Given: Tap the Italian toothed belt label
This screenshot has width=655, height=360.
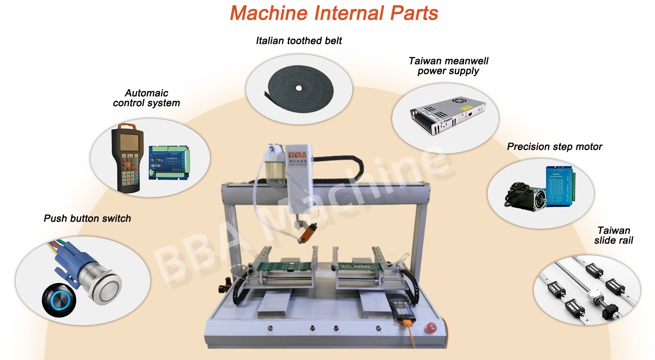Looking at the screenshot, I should click(x=299, y=41).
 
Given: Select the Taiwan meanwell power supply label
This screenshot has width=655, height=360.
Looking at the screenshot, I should click(x=448, y=66).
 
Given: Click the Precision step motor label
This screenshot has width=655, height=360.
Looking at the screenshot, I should click(x=554, y=147).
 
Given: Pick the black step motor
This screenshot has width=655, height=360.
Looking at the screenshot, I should click(x=526, y=196).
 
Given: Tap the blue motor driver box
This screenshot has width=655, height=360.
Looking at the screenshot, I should click(x=560, y=185).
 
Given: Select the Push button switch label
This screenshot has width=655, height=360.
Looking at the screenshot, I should click(x=87, y=218).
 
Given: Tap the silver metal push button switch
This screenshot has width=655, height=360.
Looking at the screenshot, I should click(x=102, y=282).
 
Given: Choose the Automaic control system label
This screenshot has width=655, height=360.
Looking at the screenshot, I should click(x=147, y=98).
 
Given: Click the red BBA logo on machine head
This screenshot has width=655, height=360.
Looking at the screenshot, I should click(x=298, y=155).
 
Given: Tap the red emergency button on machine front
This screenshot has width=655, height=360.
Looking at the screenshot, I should click(x=431, y=327).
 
